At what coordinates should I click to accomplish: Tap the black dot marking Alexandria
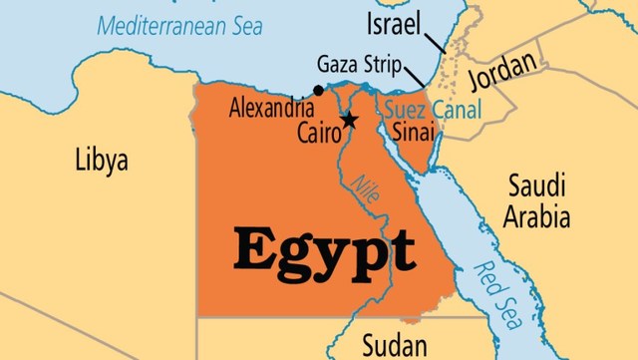click(318, 91)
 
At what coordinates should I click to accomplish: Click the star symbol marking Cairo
click(349, 121)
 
